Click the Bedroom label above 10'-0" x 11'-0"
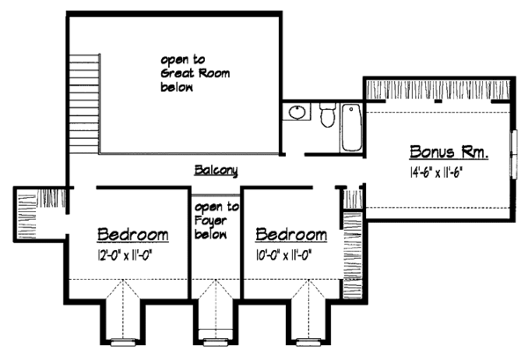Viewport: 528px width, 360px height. tap(291, 235)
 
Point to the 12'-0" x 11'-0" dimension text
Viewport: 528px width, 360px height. tap(131, 256)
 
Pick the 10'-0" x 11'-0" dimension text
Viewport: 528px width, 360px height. tap(290, 256)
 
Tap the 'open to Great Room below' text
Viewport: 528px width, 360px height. tap(194, 74)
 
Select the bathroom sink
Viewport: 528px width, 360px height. tap(296, 113)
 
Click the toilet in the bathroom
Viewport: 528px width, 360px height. tap(326, 114)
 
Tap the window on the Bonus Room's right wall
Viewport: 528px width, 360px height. tap(514, 155)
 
